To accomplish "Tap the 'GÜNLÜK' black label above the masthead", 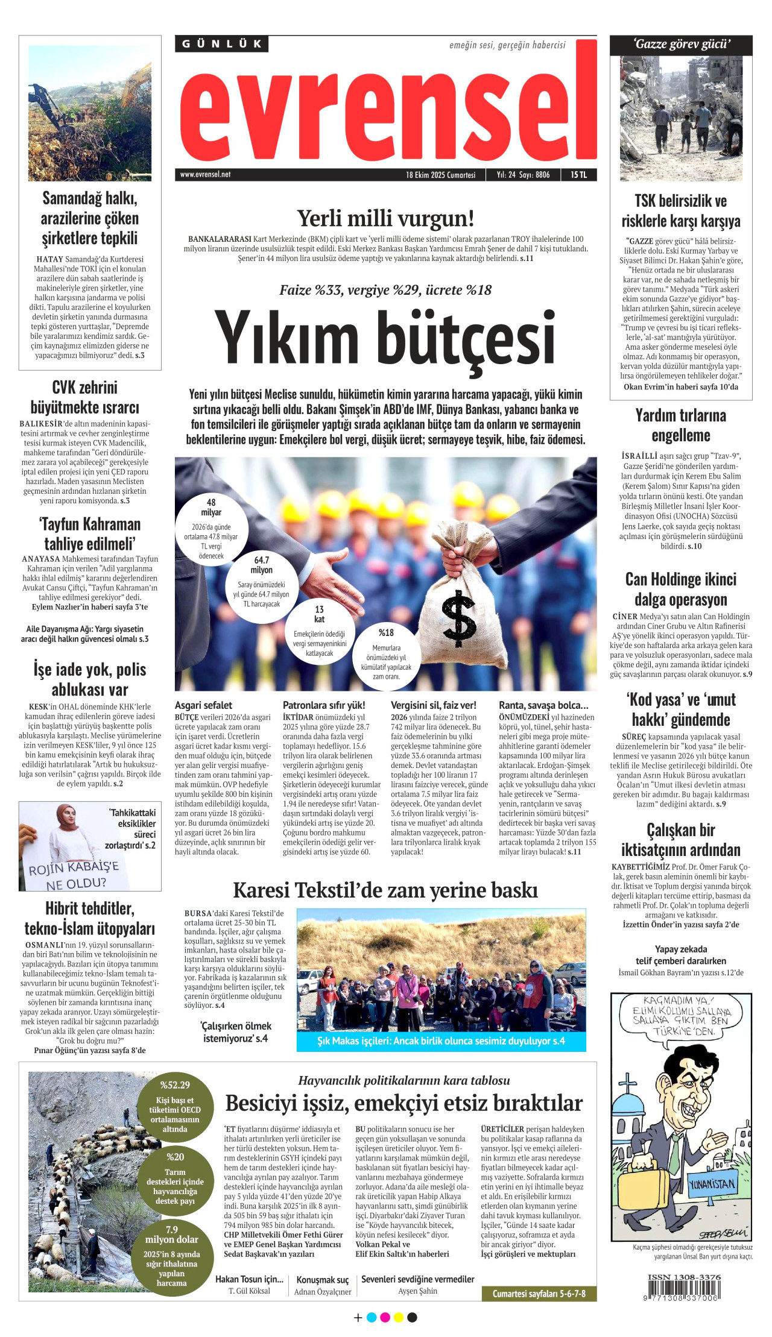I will tap(221, 44).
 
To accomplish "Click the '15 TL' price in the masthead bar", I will tap(578, 175).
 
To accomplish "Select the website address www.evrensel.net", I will tap(205, 175).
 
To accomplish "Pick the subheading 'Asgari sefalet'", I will tap(203, 705).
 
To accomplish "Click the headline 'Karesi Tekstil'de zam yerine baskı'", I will tap(385, 890).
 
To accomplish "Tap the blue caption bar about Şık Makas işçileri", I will tap(441, 1041).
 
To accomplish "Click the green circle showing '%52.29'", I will tap(175, 1106).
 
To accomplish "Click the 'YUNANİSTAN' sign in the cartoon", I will tap(712, 1184).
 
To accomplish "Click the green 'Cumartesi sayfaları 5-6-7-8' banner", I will tap(539, 1294).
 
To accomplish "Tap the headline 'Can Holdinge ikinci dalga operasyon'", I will tap(680, 590).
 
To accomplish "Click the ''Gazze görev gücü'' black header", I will tap(681, 45).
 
